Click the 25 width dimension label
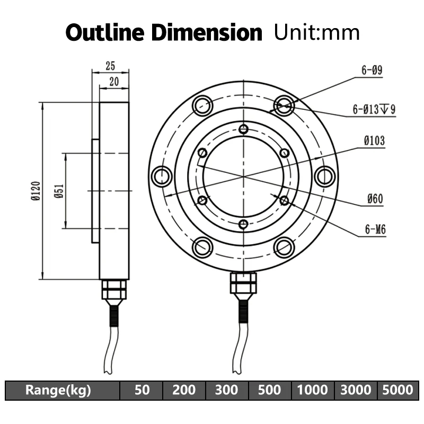click(x=110, y=66)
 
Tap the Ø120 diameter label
click(x=36, y=191)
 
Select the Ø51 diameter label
click(x=59, y=191)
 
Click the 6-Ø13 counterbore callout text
click(x=374, y=110)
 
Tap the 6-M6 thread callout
click(x=375, y=230)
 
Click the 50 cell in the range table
click(x=142, y=391)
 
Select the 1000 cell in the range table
click(x=312, y=391)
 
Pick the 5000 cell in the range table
click(x=397, y=391)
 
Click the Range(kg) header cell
click(x=58, y=391)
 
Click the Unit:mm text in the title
click(x=316, y=32)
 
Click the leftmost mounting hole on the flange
click(x=162, y=176)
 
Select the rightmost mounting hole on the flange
click(x=325, y=176)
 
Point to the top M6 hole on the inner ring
click(x=243, y=129)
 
